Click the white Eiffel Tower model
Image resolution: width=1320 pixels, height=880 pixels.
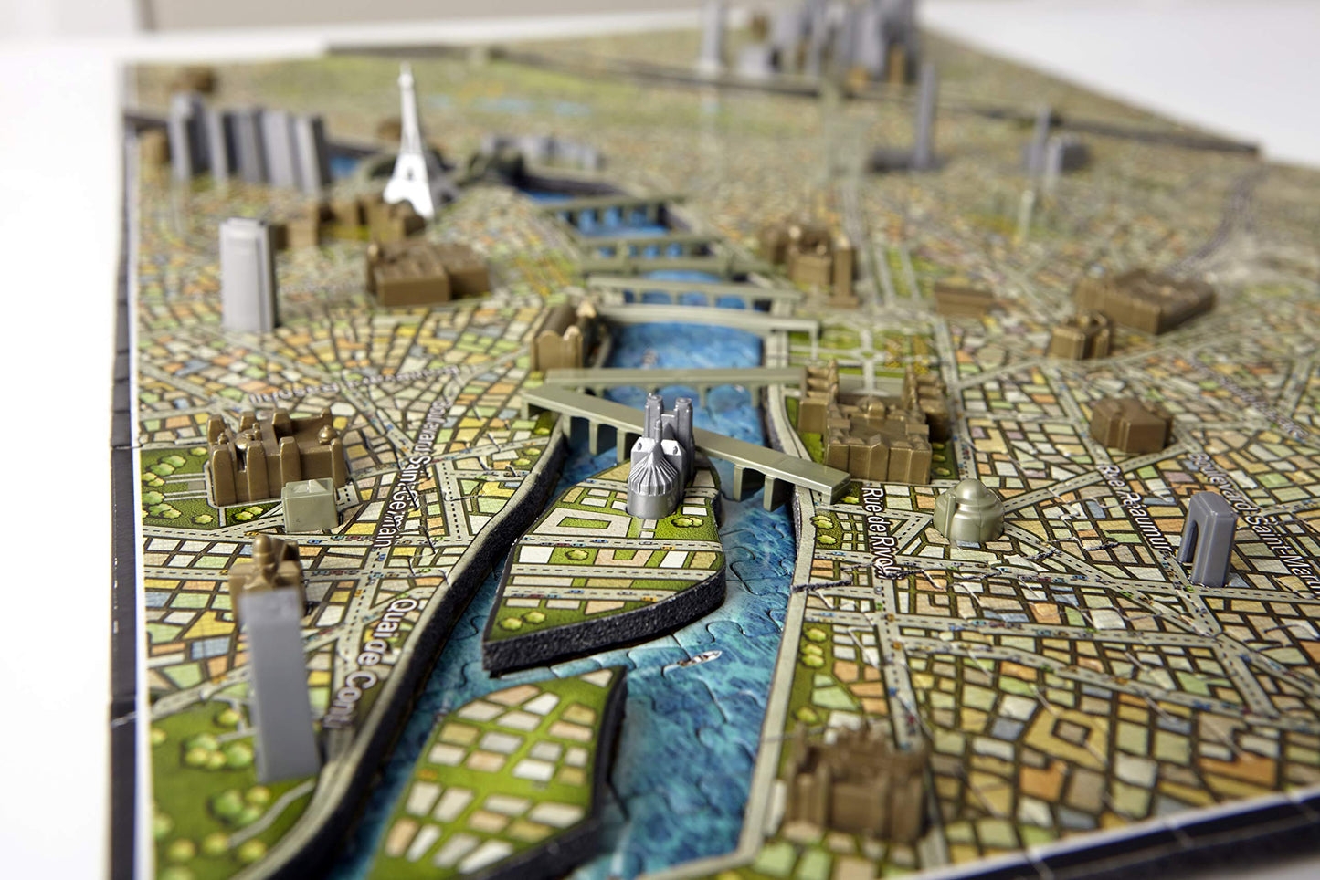pos(409,155)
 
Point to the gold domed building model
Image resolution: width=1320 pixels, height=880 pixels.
pos(968,510)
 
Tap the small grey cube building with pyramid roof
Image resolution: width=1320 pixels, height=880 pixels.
pos(309,505)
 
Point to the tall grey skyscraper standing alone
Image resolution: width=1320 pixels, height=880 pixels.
pos(248,274)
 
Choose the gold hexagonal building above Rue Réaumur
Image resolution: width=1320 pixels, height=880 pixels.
pos(1130,424)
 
